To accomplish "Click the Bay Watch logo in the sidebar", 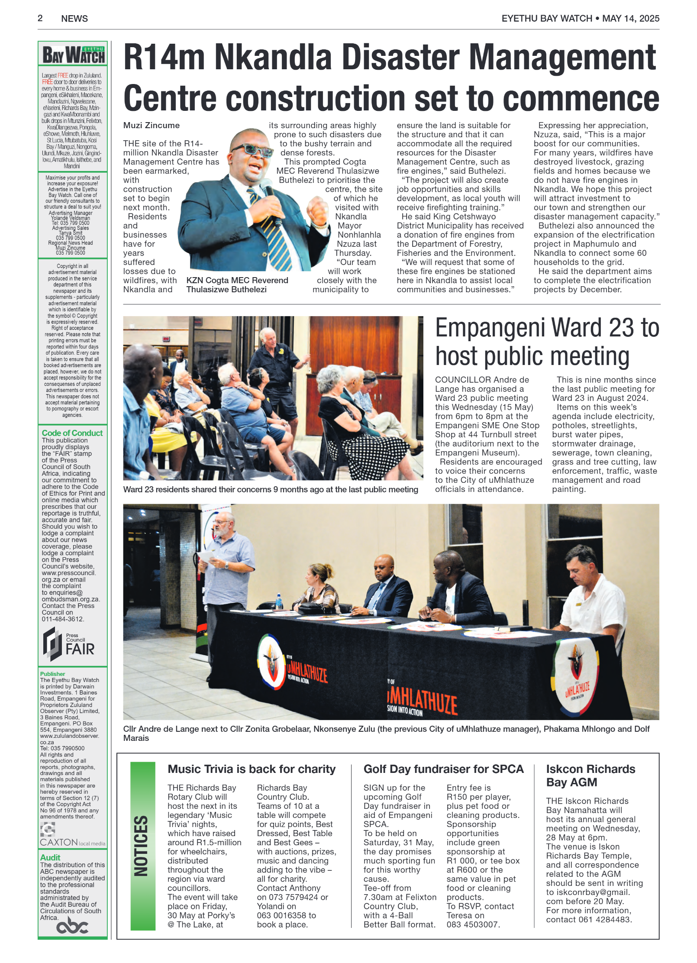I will pyautogui.click(x=73, y=55).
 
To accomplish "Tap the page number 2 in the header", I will pyautogui.click(x=40, y=18).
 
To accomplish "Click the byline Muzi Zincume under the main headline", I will pyautogui.click(x=151, y=126).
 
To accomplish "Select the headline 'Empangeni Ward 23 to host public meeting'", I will pyautogui.click(x=547, y=342).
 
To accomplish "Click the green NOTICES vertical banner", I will pyautogui.click(x=142, y=846).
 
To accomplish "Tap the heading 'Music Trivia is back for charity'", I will pyautogui.click(x=251, y=769).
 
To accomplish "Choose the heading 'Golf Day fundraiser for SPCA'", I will pyautogui.click(x=443, y=769).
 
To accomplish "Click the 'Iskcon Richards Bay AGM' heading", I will pyautogui.click(x=590, y=776).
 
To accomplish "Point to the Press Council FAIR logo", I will pyautogui.click(x=69, y=644).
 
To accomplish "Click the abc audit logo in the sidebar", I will pyautogui.click(x=72, y=927).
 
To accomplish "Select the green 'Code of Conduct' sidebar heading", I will pyautogui.click(x=72, y=433).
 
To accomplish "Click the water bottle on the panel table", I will pyautogui.click(x=279, y=601).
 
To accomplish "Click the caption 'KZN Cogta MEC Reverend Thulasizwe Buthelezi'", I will pyautogui.click(x=237, y=285).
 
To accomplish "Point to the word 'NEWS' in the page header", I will pyautogui.click(x=74, y=19).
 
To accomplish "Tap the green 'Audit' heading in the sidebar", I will pyautogui.click(x=50, y=858).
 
